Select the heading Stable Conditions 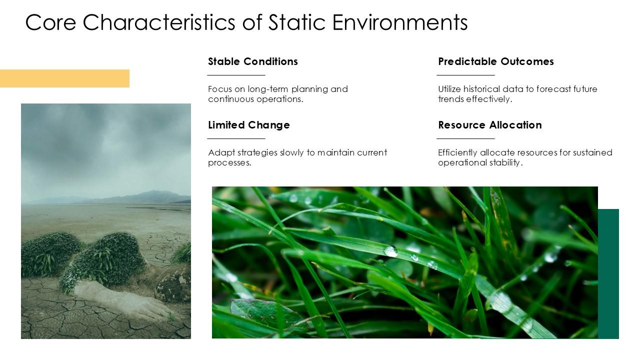click(x=252, y=61)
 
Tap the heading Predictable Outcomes click(x=495, y=61)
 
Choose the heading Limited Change click(x=248, y=125)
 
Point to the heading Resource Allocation click(x=489, y=125)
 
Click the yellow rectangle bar click(x=64, y=78)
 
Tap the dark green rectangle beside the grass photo click(x=608, y=273)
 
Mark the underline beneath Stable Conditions click(x=236, y=75)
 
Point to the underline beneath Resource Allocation click(x=465, y=138)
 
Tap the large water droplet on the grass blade click(x=391, y=251)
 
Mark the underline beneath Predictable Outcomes click(x=465, y=75)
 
